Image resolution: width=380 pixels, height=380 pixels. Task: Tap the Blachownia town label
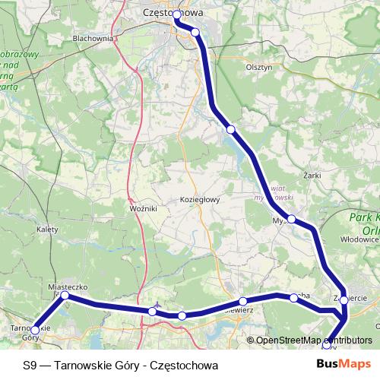pyautogui.click(x=93, y=37)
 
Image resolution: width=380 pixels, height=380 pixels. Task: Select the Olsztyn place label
pyautogui.click(x=258, y=67)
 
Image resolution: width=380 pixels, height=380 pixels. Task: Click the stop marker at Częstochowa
pyautogui.click(x=177, y=14)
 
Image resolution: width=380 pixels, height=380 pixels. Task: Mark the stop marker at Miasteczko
pyautogui.click(x=65, y=295)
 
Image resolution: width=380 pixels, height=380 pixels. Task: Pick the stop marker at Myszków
pyautogui.click(x=291, y=219)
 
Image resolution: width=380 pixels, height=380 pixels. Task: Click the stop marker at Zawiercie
pyautogui.click(x=344, y=300)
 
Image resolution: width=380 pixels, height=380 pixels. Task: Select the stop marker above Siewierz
pyautogui.click(x=242, y=301)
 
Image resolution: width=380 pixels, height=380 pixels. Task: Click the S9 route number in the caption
pyautogui.click(x=29, y=365)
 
